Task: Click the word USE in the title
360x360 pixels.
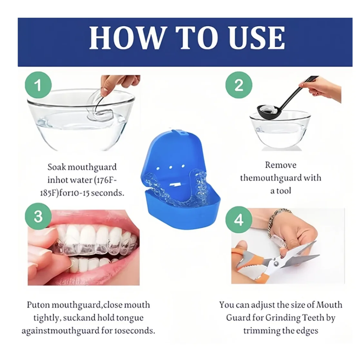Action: pyautogui.click(x=257, y=38)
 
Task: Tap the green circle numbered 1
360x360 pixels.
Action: pyautogui.click(x=38, y=85)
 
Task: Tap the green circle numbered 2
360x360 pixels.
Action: pyautogui.click(x=238, y=85)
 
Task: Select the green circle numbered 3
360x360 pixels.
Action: pyautogui.click(x=38, y=216)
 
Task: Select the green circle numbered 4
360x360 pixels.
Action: pyautogui.click(x=238, y=220)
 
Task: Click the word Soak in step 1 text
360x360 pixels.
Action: pyautogui.click(x=57, y=167)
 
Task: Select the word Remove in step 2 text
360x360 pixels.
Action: pyautogui.click(x=280, y=165)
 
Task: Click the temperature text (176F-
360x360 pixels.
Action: pyautogui.click(x=105, y=180)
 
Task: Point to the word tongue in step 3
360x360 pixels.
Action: pyautogui.click(x=130, y=318)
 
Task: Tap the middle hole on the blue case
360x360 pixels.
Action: pyautogui.click(x=171, y=167)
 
